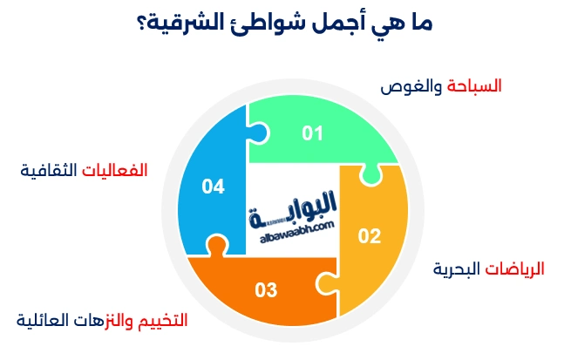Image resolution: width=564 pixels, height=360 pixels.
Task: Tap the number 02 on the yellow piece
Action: tap(370, 235)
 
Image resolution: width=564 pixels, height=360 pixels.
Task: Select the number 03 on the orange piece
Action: tap(266, 289)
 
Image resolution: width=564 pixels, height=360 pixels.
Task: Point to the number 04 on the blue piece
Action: tap(213, 186)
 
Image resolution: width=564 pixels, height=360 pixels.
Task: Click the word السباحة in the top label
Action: tap(475, 87)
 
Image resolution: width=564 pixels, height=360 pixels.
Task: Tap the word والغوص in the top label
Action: tap(413, 87)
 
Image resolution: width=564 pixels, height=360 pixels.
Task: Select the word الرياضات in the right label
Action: tap(514, 269)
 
